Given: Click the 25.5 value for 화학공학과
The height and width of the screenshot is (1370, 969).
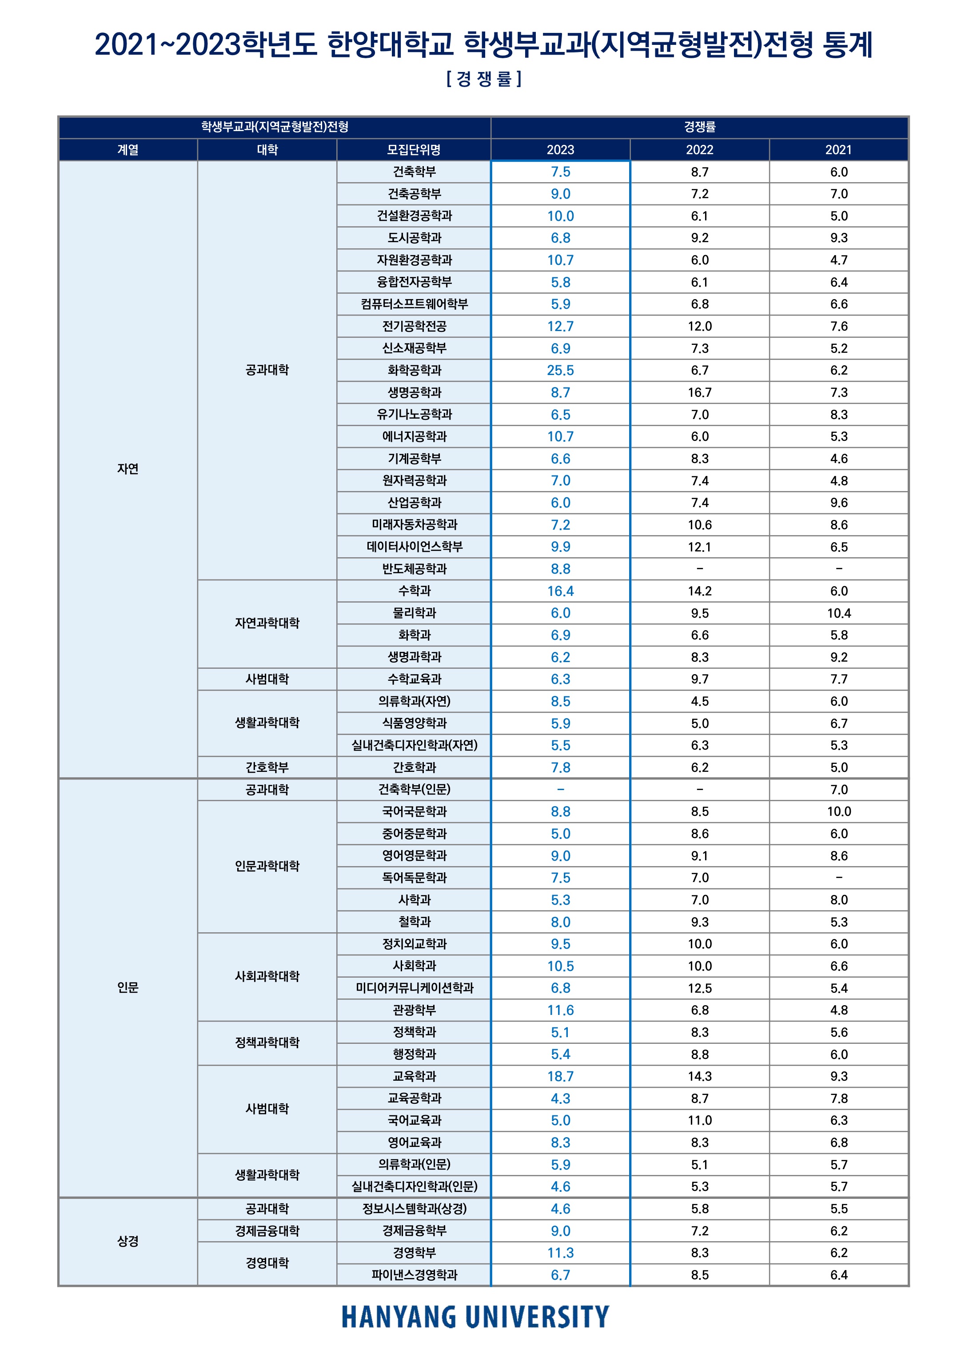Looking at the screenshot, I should pos(560,371).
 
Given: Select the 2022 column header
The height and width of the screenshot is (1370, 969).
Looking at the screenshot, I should pos(699,150).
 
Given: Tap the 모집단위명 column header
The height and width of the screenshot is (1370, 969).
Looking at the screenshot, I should pos(414,150).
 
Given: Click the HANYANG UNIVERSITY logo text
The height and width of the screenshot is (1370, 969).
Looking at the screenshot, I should pos(475,1317).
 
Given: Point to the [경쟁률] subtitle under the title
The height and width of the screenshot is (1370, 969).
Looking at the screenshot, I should pos(484,79).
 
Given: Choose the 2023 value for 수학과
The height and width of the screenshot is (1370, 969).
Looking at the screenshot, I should pos(560,591).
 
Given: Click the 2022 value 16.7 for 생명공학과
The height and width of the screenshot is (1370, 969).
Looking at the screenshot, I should pos(699,393).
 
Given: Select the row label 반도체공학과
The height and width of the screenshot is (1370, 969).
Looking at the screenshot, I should pos(414,569).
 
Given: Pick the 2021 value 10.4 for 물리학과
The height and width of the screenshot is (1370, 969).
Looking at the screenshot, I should pos(838,613).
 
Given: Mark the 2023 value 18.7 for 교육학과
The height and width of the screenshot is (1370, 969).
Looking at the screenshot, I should pos(560,1077).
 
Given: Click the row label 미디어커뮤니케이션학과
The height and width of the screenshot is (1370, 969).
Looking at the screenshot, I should pos(414,988).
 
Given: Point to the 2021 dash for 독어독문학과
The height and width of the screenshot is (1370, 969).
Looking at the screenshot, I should pos(838,878).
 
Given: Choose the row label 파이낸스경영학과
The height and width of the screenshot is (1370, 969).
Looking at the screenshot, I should pos(414,1275).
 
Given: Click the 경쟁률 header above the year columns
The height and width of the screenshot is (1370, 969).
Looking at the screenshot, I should pos(699,127).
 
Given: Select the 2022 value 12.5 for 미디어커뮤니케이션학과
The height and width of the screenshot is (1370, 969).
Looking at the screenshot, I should pos(699,989).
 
